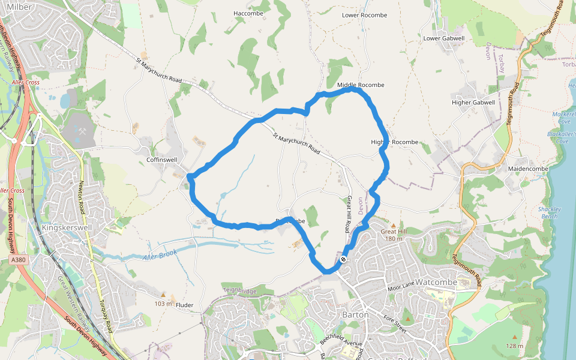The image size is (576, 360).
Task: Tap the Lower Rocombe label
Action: pyautogui.click(x=364, y=15)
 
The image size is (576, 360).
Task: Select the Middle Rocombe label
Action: pyautogui.click(x=361, y=85)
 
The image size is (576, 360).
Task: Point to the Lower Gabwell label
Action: pyautogui.click(x=444, y=38)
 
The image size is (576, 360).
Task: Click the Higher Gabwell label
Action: pyautogui.click(x=473, y=103)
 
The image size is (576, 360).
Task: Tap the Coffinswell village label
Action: pyautogui.click(x=162, y=160)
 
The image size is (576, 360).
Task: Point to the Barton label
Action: pyautogui.click(x=354, y=314)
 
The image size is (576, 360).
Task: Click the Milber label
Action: pyautogui.click(x=20, y=6)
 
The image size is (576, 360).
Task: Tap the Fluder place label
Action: pyautogui.click(x=185, y=305)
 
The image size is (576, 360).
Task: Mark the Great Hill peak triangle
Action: pyautogui.click(x=385, y=225)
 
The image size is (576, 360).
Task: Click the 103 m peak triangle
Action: pyautogui.click(x=163, y=295)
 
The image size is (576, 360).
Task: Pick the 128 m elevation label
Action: pyautogui.click(x=515, y=346)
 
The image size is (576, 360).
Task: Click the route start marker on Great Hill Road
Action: pyautogui.click(x=343, y=260)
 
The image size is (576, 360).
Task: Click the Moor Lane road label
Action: pyautogui.click(x=401, y=287)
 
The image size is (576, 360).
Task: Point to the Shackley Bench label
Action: pyautogui.click(x=550, y=212)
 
